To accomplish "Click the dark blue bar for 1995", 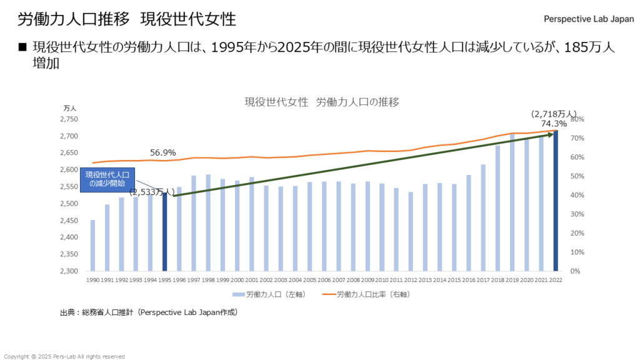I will pos(165,232).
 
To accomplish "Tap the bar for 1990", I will pos(93,246).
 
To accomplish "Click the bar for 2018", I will pos(498,209).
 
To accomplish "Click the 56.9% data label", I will pos(163,152).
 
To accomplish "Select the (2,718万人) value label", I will pos(554,114).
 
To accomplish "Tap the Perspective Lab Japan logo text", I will pos(589,19).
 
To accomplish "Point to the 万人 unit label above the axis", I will pos(69,108).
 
